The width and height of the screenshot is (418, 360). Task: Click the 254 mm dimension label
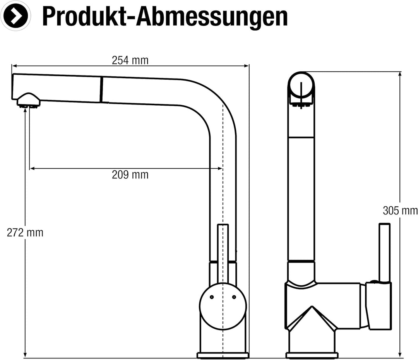tap(130, 60)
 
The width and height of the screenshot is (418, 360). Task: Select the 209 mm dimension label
tap(130, 175)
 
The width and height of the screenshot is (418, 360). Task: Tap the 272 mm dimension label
tap(25, 232)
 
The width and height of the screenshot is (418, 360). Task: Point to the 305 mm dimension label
tap(400, 211)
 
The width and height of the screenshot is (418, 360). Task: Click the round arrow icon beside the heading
tap(15, 16)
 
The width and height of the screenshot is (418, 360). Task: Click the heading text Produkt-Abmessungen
tap(164, 16)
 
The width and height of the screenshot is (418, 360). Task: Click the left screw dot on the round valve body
tap(211, 297)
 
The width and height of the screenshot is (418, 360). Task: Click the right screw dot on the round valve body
tap(234, 297)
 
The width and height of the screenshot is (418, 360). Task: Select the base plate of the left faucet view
tap(223, 355)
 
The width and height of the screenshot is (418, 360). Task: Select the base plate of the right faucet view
tap(312, 355)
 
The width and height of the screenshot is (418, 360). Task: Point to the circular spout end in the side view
tap(301, 86)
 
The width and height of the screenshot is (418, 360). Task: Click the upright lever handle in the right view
tap(384, 252)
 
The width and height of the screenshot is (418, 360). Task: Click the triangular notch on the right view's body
tap(312, 315)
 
